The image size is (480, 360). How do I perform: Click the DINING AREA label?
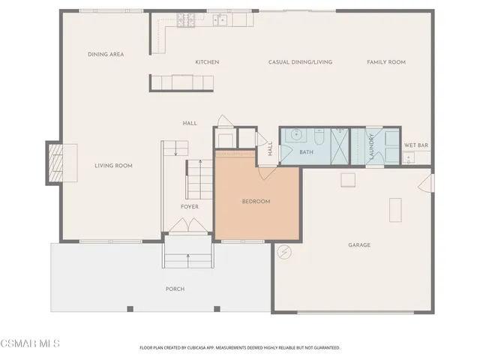point(106,54)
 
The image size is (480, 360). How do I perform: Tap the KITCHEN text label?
point(207,62)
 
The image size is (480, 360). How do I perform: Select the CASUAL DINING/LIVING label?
point(300,62)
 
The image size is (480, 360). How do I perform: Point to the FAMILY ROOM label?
point(385,62)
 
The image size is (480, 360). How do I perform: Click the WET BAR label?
point(416,145)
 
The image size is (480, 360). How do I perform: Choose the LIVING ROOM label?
point(113,166)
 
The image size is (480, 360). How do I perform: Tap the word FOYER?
point(189,206)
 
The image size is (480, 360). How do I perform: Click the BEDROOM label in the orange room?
point(256,202)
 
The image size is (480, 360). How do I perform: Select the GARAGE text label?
point(358,245)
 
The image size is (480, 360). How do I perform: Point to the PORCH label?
point(175,289)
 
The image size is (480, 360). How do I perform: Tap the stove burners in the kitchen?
point(186,20)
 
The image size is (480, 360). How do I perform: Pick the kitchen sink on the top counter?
point(222,20)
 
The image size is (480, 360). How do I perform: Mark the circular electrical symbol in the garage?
point(283,252)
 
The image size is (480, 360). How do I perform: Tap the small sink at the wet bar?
point(408,157)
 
